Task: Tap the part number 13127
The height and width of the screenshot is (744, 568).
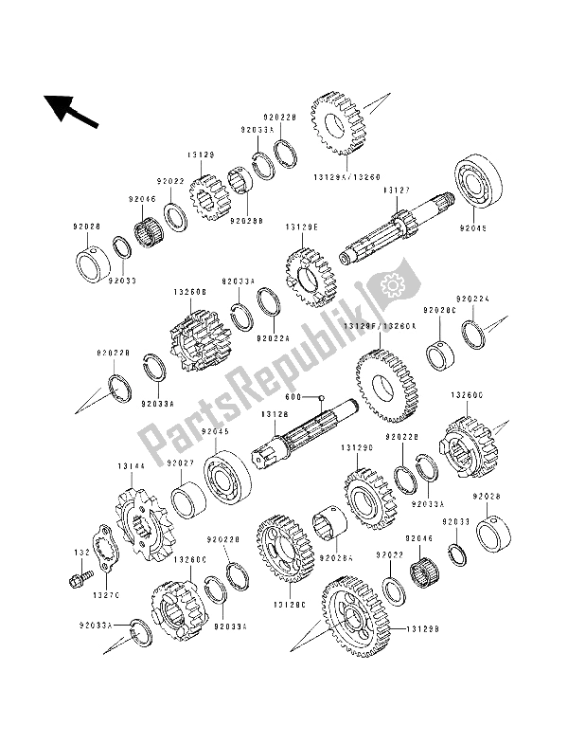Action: click(395, 191)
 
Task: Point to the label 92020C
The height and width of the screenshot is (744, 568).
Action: click(439, 309)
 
